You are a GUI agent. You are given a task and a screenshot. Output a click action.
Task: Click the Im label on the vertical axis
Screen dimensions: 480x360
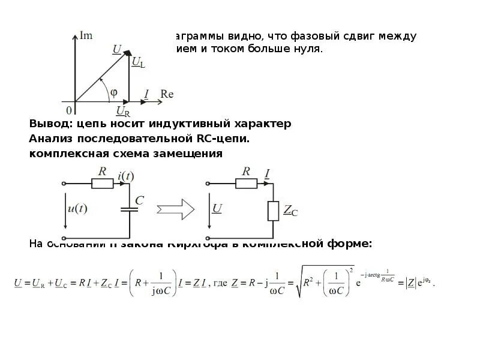(86, 36)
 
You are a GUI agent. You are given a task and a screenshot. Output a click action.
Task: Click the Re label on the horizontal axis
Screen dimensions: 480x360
(167, 94)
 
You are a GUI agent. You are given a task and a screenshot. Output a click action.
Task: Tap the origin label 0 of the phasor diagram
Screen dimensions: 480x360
(69, 110)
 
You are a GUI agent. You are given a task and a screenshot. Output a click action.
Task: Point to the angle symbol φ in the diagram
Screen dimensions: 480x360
(114, 92)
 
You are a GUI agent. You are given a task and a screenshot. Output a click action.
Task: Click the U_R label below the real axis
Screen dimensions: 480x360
(123, 112)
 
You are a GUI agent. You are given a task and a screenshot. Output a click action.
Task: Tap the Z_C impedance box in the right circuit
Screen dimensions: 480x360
(274, 211)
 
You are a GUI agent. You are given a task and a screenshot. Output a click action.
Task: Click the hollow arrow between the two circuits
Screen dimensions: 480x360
(176, 209)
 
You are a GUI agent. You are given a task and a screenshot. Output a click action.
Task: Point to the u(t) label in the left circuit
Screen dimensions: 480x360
(76, 209)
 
